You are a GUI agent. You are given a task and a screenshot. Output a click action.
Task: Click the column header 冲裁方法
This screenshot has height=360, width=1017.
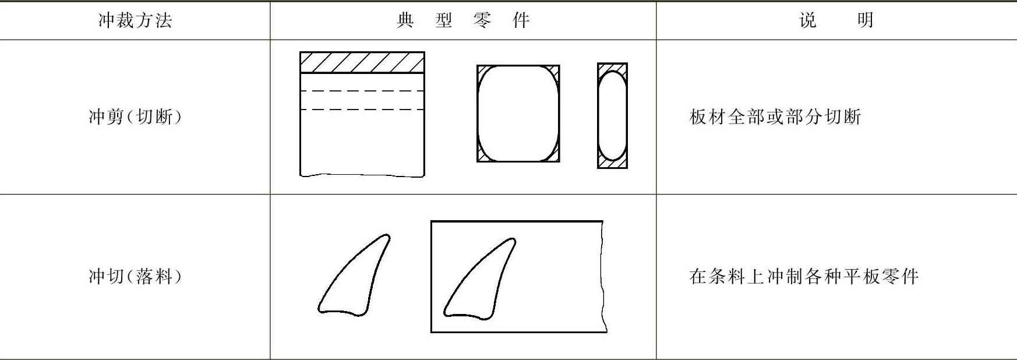135,21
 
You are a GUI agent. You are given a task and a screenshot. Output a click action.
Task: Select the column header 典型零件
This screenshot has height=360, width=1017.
463,21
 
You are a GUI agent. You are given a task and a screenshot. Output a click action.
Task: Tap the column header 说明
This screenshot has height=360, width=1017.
836,21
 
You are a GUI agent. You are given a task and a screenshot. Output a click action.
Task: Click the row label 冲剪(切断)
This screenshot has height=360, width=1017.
135,117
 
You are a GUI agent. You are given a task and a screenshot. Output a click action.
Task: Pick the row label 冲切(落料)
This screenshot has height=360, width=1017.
135,276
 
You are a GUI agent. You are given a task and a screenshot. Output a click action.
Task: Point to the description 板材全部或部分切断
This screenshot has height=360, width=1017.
775,117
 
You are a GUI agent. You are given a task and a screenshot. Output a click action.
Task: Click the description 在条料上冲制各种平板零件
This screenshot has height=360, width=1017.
804,276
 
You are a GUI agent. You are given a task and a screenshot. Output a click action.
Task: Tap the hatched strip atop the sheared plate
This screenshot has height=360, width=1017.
362,62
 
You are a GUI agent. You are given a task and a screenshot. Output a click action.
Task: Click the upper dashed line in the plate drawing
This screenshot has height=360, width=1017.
362,91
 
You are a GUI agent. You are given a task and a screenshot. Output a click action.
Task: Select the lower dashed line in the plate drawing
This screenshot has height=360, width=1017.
362,110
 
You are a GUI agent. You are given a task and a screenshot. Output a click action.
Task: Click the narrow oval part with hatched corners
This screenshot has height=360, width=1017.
612,115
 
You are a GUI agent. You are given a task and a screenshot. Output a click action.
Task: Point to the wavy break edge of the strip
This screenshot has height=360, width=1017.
603,277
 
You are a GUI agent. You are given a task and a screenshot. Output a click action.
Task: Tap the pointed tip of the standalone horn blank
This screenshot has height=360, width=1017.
387,236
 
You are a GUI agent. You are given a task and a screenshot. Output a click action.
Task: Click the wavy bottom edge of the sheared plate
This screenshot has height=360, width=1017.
362,175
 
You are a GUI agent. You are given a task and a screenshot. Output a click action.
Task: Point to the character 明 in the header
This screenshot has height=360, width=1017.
866,21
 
